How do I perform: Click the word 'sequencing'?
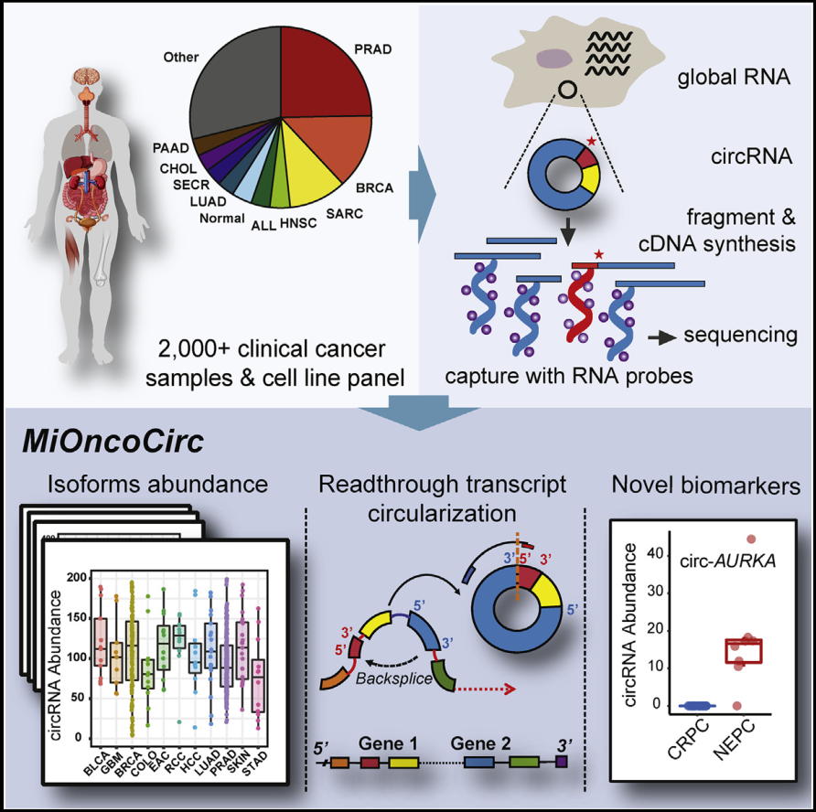click(x=740, y=336)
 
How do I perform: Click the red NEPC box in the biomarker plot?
click(x=743, y=649)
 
